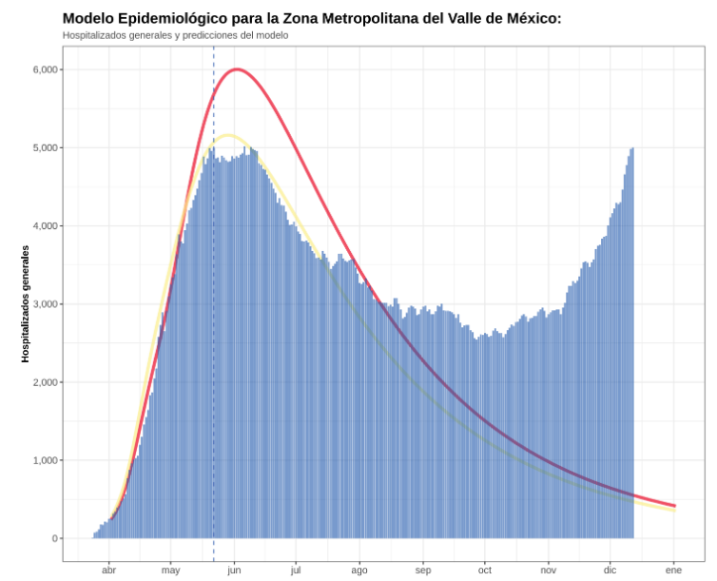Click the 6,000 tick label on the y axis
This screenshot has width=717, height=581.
(x=46, y=69)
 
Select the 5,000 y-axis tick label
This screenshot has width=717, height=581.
(x=46, y=147)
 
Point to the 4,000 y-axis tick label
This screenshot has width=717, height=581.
(x=46, y=225)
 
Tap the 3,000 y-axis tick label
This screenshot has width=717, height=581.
(x=46, y=304)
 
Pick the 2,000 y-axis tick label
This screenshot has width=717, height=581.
(x=46, y=382)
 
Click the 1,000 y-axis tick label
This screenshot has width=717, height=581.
(x=46, y=460)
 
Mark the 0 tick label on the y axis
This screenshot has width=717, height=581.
(x=55, y=538)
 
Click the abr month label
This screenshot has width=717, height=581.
(x=108, y=571)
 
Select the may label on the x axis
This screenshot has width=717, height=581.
(x=171, y=571)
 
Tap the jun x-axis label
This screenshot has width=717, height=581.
(x=234, y=571)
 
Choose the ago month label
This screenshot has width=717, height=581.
(x=358, y=571)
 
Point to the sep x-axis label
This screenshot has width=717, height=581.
(x=422, y=571)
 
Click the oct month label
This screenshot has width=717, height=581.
(x=485, y=571)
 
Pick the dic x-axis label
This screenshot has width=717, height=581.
(x=610, y=571)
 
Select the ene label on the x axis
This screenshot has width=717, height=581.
(x=673, y=571)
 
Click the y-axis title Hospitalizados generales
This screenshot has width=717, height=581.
(x=26, y=303)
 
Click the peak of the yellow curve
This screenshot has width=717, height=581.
(x=228, y=135)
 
